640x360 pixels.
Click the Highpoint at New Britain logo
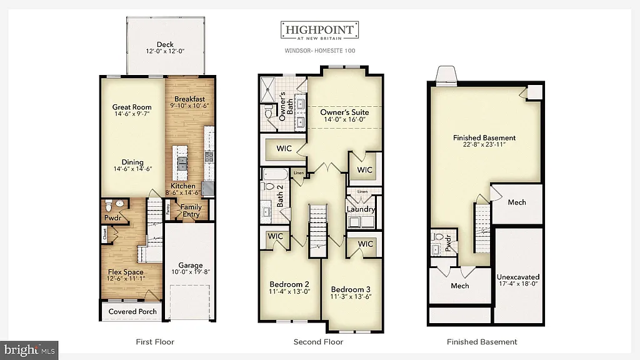tap(319, 31)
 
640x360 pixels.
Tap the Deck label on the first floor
tap(165, 44)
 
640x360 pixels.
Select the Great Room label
tap(132, 107)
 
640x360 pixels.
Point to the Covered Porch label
tap(132, 311)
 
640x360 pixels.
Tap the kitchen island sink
tap(182, 163)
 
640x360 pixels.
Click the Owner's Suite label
tap(342, 112)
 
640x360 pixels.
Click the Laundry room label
tap(361, 209)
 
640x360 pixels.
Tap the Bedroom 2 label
tap(289, 282)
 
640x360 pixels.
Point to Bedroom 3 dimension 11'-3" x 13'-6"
tap(351, 297)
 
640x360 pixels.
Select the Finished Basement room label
tap(484, 137)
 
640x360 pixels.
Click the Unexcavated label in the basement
tap(518, 276)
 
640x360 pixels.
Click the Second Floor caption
tap(318, 342)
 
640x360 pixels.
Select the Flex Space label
tap(126, 272)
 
